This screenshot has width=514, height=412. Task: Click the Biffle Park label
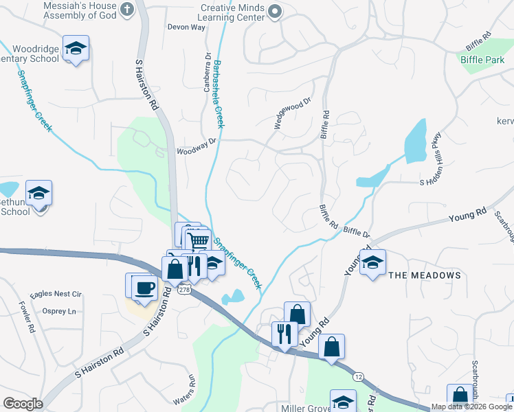tap(482, 59)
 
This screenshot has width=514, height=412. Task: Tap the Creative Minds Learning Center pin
tap(275, 10)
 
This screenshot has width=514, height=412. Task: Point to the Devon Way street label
tap(187, 27)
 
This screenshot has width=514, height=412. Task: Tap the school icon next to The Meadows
tap(372, 262)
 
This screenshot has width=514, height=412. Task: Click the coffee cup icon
tap(144, 287)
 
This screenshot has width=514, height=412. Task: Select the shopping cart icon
tap(198, 241)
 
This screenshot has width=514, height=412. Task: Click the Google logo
tap(23, 404)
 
